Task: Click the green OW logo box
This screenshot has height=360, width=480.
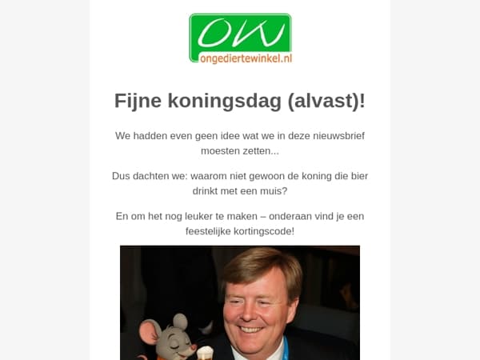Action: point(240,33)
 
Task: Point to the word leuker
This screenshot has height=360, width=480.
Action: point(186,217)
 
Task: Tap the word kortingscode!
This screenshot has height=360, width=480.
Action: point(267,231)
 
